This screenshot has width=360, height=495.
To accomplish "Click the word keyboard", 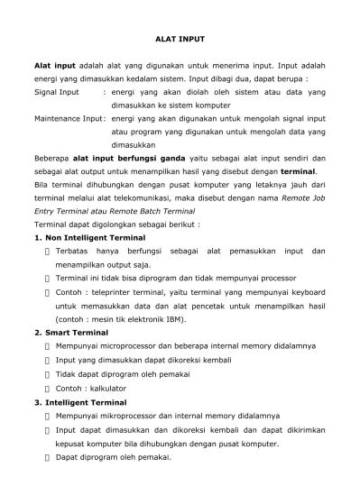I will tap(302, 292).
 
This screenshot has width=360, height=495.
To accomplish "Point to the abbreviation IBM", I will tap(173, 318).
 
